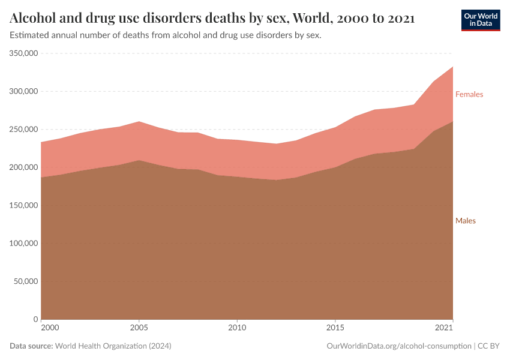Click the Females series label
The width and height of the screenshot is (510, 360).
[x=469, y=94]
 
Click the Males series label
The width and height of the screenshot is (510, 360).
[x=465, y=221]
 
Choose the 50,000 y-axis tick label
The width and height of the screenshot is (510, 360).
[x=26, y=281]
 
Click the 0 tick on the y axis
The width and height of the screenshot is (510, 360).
[x=36, y=319]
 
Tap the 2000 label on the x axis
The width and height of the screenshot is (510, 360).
[x=50, y=328]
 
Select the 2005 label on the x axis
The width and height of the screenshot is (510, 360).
[x=139, y=328]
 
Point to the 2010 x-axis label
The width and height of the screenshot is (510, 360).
[x=237, y=328]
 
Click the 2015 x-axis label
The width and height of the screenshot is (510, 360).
[x=335, y=328]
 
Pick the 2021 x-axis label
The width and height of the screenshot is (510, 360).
[x=443, y=328]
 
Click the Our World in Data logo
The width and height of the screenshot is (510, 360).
[x=480, y=20]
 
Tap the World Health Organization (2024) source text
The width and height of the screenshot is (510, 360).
[x=113, y=346]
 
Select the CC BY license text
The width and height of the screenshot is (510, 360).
[x=489, y=346]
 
